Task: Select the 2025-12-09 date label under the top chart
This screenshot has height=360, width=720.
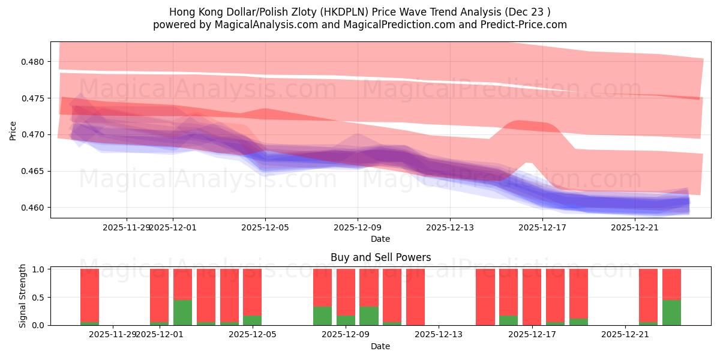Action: [x=358, y=227]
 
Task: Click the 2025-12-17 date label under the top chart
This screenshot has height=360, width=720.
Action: [x=542, y=227]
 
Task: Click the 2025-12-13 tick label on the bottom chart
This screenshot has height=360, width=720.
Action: [x=439, y=334]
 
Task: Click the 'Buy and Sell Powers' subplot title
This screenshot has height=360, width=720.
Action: [x=380, y=257]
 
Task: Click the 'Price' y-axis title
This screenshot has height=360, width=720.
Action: [x=13, y=130]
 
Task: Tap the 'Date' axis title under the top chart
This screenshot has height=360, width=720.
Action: [x=380, y=239]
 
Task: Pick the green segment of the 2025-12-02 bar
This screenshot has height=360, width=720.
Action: [x=182, y=313]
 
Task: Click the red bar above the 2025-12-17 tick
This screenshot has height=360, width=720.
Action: [x=532, y=297]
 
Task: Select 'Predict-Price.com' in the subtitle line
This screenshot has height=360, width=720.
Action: [x=525, y=25]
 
